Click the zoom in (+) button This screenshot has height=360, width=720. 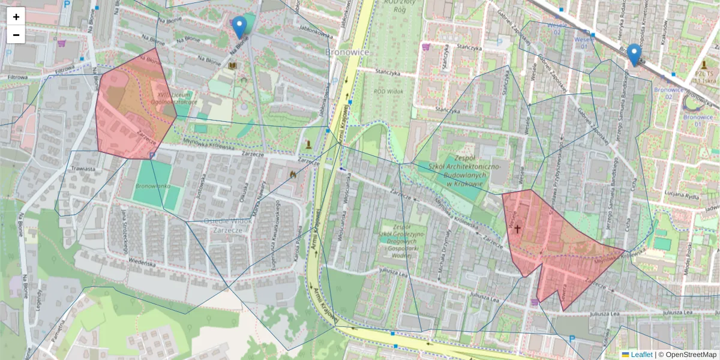pos(16,17)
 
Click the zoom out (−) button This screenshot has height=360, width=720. pos(16,35)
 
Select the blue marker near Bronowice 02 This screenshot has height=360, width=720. pos(634,55)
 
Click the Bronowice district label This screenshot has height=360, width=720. pos(347,52)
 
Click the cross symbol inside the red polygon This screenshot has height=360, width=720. pos(517,229)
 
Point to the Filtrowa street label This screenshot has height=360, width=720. pos(18,77)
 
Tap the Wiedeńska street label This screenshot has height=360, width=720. pos(145,262)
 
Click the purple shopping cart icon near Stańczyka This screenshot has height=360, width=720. pos(426,46)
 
